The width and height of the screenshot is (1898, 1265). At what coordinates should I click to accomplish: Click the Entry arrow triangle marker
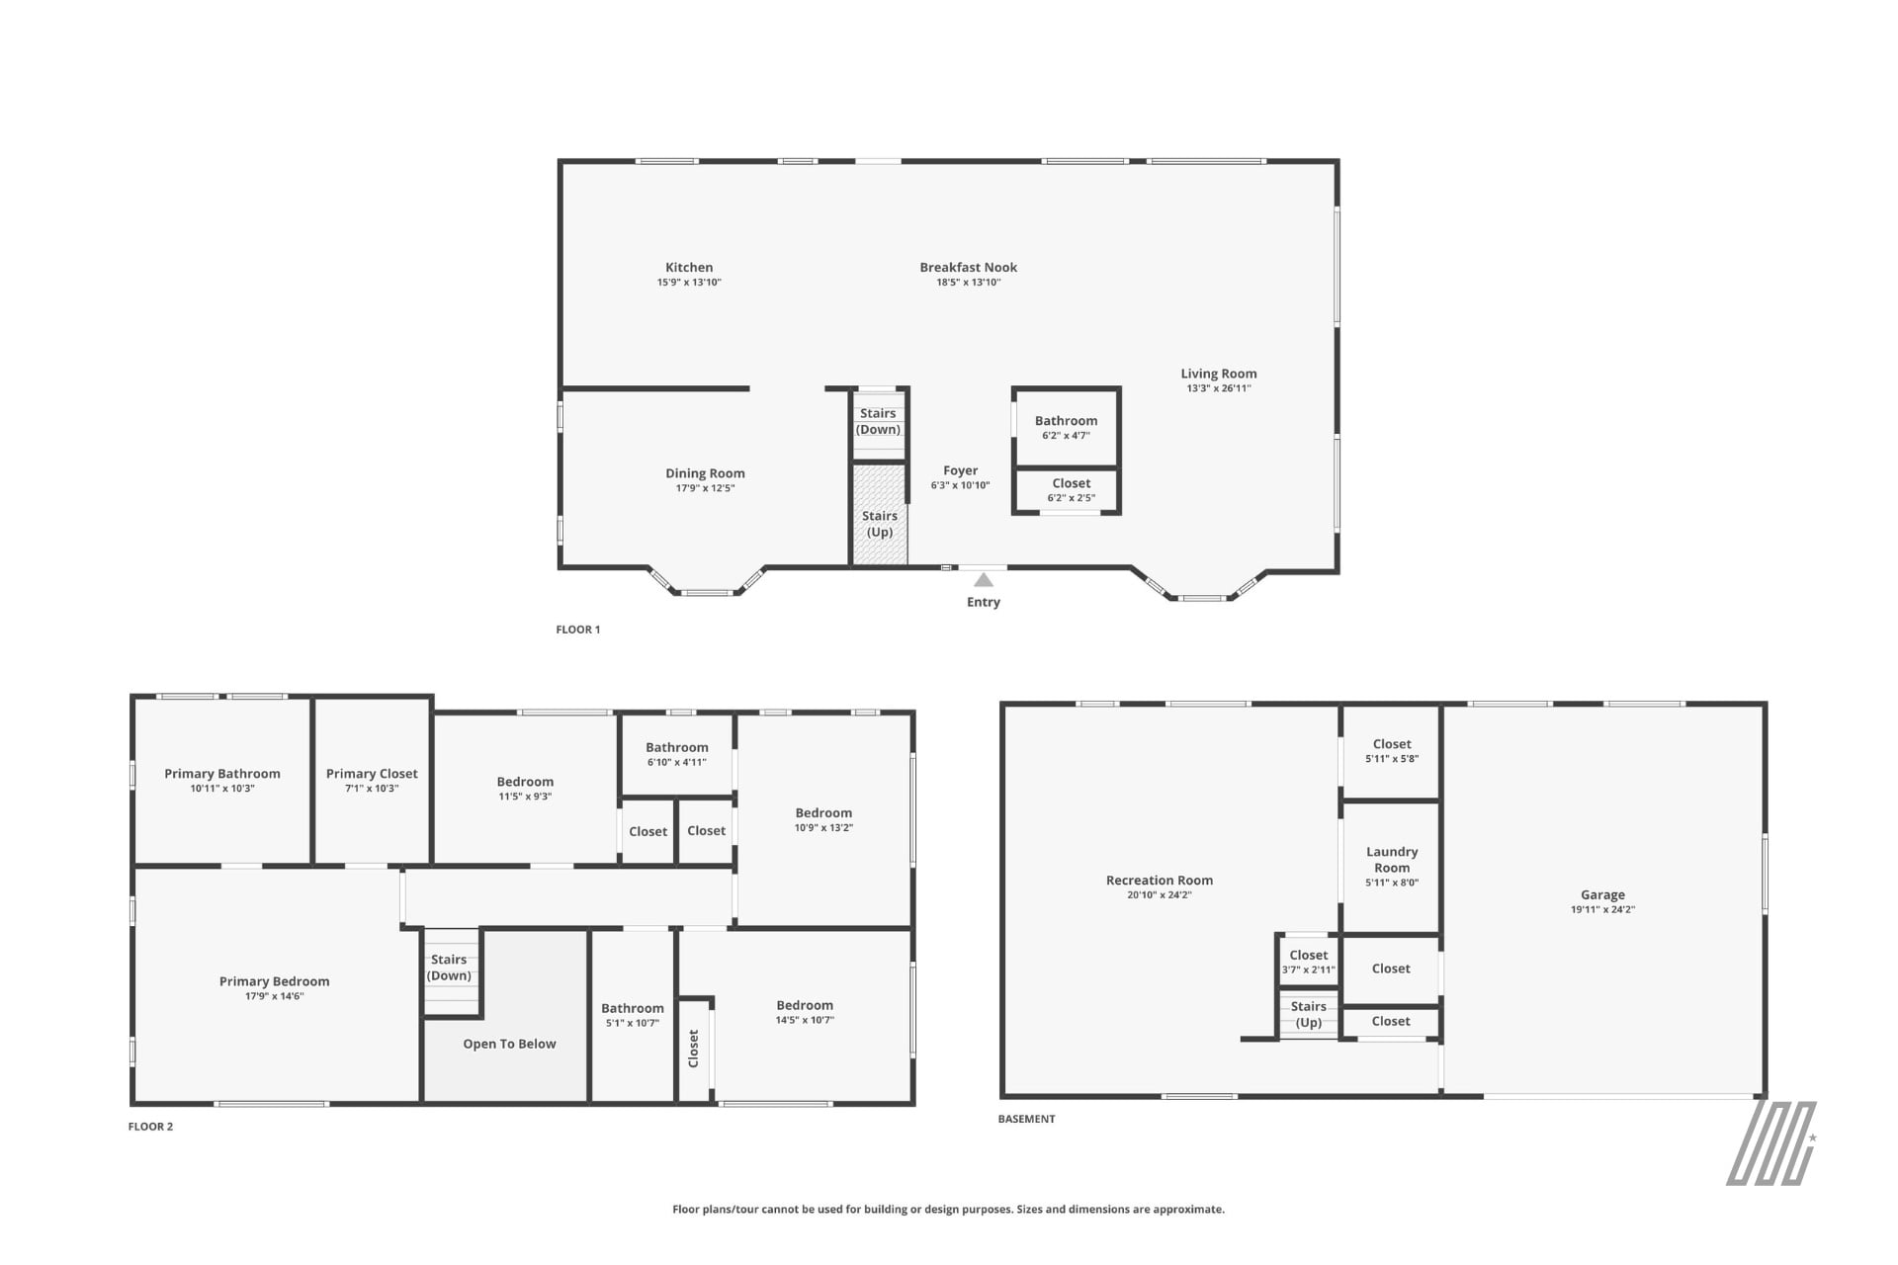pos(984,580)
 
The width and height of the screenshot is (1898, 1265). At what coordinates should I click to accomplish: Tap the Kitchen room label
pos(689,267)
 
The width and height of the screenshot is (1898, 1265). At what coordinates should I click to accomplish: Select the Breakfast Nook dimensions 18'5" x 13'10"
pos(969,283)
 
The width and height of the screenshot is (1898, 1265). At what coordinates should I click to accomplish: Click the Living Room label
pos(1219,374)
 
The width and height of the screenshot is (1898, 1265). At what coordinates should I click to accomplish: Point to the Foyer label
pos(961,470)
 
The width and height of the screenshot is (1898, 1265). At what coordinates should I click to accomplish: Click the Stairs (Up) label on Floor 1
pos(880,524)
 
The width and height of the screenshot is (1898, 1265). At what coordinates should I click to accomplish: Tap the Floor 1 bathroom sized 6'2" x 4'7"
pos(1067,427)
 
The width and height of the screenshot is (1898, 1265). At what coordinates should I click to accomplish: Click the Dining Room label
pos(705,473)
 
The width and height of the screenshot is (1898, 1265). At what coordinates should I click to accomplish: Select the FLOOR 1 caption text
pos(578,630)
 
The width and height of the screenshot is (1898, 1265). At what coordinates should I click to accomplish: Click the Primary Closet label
pos(372,774)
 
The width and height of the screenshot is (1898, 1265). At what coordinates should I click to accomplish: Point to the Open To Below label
pos(509,1044)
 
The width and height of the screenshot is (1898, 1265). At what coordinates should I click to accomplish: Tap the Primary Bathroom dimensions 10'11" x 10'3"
pos(222,789)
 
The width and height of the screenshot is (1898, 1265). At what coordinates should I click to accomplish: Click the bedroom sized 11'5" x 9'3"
pos(525,789)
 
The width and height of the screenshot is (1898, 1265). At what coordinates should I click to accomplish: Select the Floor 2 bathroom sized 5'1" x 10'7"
pos(633,1015)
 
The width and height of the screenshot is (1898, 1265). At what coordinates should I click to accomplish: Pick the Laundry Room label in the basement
pos(1392,860)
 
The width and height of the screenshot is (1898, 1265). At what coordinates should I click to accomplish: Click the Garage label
pos(1602,894)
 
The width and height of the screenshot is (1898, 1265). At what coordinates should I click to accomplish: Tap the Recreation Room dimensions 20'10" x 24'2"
pos(1160,895)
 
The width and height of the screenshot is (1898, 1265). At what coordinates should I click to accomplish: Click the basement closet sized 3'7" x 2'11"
pos(1309,962)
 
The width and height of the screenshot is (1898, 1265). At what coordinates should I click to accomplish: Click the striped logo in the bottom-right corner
pos(1771,1143)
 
